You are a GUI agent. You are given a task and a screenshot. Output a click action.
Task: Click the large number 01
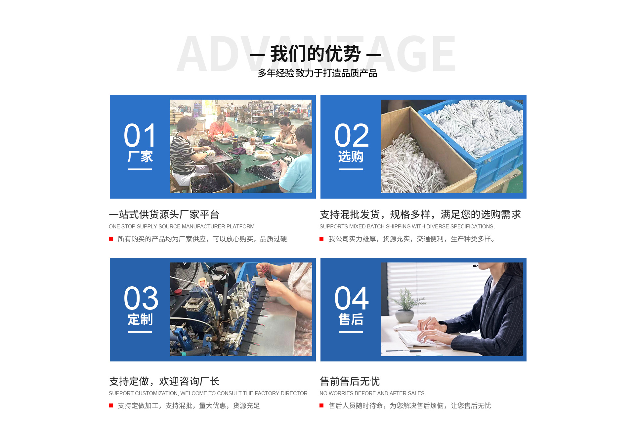[x=140, y=135]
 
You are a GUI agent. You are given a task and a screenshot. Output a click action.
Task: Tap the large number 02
[x=351, y=135]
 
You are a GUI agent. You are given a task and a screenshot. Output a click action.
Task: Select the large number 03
[x=141, y=298]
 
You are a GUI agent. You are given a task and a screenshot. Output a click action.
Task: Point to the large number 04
[x=351, y=298]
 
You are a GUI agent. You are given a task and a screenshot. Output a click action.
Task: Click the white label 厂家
[x=140, y=157]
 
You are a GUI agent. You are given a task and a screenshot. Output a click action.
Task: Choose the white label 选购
[x=351, y=157]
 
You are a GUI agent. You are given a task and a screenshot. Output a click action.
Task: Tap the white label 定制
[x=140, y=319]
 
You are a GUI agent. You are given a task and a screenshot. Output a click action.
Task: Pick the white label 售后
[x=351, y=319]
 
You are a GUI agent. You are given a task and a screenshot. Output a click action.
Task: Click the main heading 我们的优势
[x=315, y=54]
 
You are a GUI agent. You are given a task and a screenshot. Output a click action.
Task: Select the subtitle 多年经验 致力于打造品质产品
[x=317, y=73]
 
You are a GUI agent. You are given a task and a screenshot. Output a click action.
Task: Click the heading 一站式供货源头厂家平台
[x=164, y=214]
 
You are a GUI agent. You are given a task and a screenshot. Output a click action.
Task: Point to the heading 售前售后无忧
[x=350, y=381]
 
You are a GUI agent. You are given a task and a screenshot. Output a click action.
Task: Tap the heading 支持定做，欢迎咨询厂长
[x=164, y=381]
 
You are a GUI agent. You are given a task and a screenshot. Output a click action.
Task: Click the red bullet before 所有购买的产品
[x=111, y=239]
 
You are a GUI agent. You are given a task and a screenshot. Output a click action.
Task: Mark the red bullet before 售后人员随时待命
[x=321, y=405]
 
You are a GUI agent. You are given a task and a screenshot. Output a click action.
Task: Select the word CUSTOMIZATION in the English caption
[x=157, y=393]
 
